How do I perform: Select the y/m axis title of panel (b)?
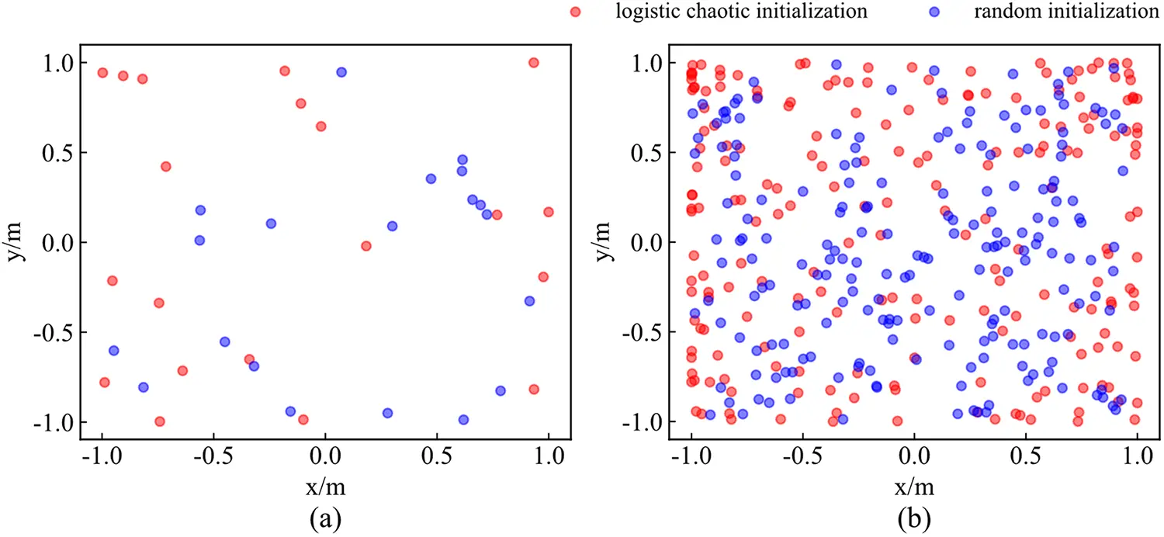pyautogui.click(x=606, y=242)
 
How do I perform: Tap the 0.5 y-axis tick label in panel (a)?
pyautogui.click(x=54, y=153)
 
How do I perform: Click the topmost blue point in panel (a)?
pyautogui.click(x=341, y=72)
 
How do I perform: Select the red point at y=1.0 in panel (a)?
pyautogui.click(x=533, y=63)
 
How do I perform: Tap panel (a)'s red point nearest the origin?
pyautogui.click(x=366, y=246)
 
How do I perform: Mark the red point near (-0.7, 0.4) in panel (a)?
pyautogui.click(x=165, y=167)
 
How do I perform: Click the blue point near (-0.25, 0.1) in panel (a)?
pyautogui.click(x=271, y=223)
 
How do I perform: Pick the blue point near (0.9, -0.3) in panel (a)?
pyautogui.click(x=529, y=301)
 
